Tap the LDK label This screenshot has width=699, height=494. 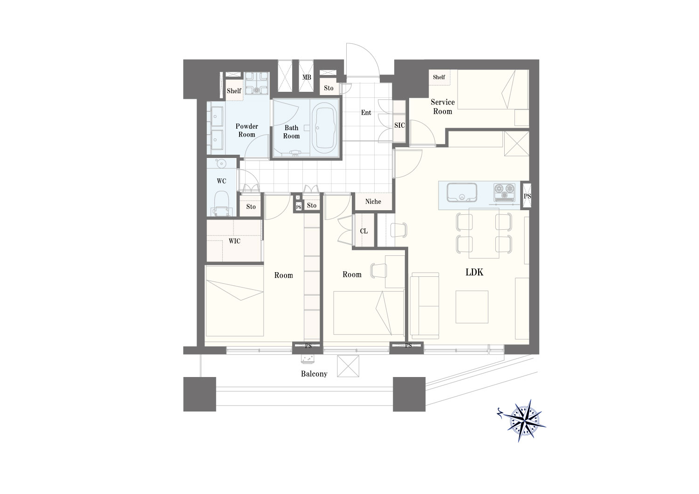pyautogui.click(x=474, y=272)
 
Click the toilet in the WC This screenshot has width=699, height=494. pyautogui.click(x=221, y=203)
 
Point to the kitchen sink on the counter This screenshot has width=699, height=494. pyautogui.click(x=461, y=192)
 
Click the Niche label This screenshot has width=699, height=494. pyautogui.click(x=373, y=202)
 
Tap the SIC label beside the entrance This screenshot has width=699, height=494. pyautogui.click(x=399, y=125)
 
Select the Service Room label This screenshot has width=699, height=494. pyautogui.click(x=443, y=107)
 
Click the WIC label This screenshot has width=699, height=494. pyautogui.click(x=234, y=241)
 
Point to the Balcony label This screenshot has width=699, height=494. pyautogui.click(x=314, y=374)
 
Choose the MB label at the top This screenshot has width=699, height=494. pyautogui.click(x=307, y=77)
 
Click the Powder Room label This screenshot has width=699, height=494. pyautogui.click(x=247, y=130)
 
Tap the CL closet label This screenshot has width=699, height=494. pyautogui.click(x=363, y=231)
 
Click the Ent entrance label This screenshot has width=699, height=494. pyautogui.click(x=366, y=112)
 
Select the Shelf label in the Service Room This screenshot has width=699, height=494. pyautogui.click(x=439, y=77)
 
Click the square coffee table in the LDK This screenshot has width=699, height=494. pyautogui.click(x=472, y=307)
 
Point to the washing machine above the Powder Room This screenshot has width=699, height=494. pyautogui.click(x=256, y=83)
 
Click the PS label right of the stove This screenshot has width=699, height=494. pyautogui.click(x=527, y=196)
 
